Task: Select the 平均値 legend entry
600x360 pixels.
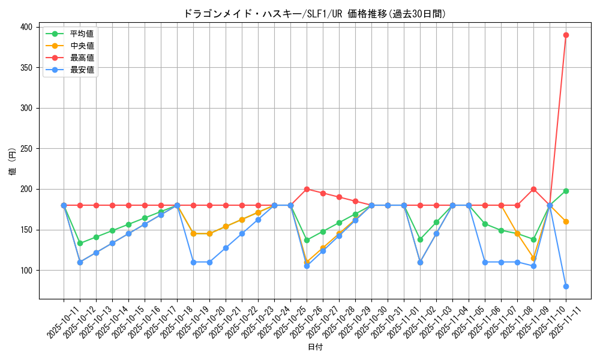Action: coord(82,34)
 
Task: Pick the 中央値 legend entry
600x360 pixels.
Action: coord(82,46)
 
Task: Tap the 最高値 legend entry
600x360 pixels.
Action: coord(82,58)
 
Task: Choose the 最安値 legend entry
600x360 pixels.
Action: coord(82,70)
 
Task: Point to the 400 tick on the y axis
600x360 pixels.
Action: coord(26,27)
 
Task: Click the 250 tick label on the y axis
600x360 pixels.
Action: coord(26,149)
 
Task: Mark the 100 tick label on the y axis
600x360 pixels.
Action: coord(26,271)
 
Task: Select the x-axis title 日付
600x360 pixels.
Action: coord(315,347)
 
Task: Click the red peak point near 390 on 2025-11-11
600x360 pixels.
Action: coord(566,35)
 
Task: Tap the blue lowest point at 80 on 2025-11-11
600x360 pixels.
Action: coord(566,286)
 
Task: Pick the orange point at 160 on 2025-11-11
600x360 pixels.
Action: coord(566,221)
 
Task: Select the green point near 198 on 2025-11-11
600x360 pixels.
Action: coord(566,191)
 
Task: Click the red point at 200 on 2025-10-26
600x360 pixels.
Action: coord(307,189)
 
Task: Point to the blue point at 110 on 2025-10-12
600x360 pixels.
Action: coord(80,262)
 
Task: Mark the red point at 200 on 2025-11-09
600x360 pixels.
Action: coord(533,189)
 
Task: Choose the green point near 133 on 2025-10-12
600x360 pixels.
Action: coord(80,243)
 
